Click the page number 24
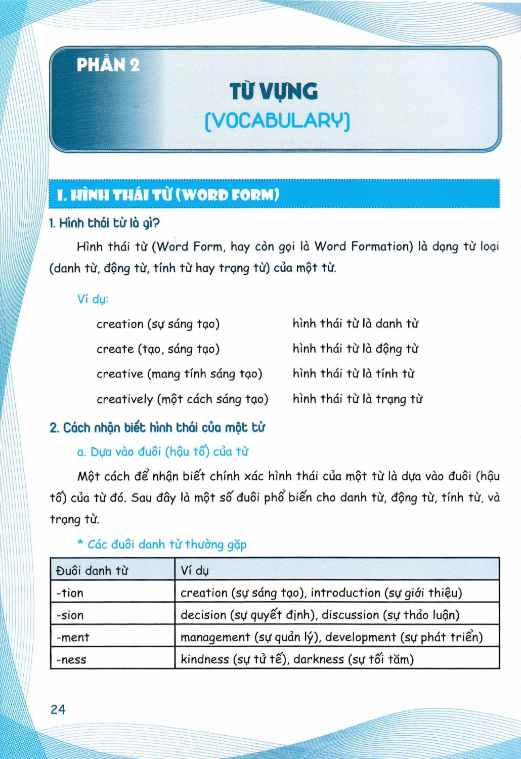[x=58, y=709]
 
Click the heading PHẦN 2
[x=108, y=65]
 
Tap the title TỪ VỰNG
[x=274, y=92]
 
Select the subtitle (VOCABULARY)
[x=277, y=121]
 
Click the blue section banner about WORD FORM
[x=274, y=194]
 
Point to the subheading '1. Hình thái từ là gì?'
[x=104, y=223]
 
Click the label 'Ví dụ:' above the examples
[x=93, y=299]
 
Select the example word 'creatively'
[x=124, y=399]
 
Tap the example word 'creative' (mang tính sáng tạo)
[x=120, y=374]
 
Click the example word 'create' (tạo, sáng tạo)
[x=115, y=349]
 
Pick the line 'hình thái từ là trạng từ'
[x=357, y=399]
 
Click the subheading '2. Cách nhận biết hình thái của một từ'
[x=157, y=428]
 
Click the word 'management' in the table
[x=214, y=638]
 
